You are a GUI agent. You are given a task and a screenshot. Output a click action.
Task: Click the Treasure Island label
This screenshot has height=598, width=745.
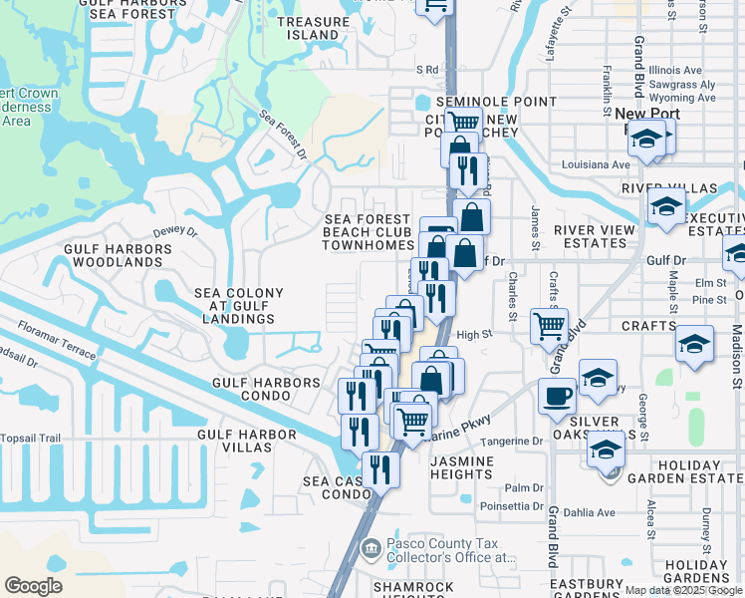(308, 28)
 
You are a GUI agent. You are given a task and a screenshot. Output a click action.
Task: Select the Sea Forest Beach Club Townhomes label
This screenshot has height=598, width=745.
(368, 232)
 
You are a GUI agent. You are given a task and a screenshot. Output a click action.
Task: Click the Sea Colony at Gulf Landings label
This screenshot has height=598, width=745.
(238, 306)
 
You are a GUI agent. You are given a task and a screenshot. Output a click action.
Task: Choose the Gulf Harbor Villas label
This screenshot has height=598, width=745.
(247, 442)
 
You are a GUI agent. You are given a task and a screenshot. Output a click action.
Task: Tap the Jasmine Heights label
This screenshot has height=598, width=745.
(462, 467)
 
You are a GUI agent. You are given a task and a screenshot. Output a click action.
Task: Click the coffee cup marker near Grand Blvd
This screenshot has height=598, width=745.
(558, 395)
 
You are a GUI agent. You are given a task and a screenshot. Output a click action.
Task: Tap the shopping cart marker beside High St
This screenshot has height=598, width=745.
(550, 325)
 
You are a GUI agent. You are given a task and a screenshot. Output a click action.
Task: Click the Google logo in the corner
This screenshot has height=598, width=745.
(33, 585)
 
